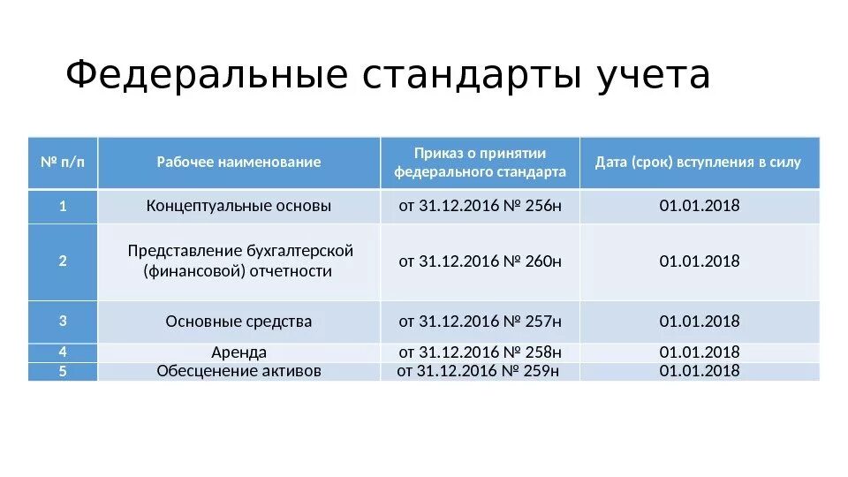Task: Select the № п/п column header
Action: tap(63, 163)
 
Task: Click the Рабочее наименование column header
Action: tap(238, 163)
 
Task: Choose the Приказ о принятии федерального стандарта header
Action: tap(480, 163)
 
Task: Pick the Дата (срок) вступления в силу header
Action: tap(699, 163)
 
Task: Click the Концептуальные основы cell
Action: tap(238, 207)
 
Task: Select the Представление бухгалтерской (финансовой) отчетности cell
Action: tap(238, 261)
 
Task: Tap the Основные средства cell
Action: tap(238, 322)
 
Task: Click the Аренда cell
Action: tap(238, 352)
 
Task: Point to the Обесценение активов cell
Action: tap(238, 371)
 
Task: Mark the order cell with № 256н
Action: tap(480, 207)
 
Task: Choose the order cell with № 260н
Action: tap(480, 261)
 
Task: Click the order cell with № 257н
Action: tap(480, 322)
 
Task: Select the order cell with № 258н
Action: tap(480, 352)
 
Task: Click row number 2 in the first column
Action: tap(63, 261)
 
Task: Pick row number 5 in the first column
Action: tap(63, 371)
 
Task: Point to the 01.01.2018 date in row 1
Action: tap(699, 207)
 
